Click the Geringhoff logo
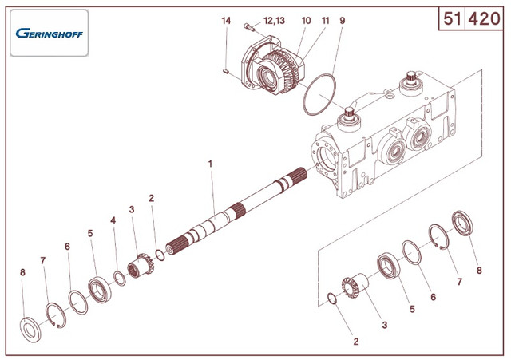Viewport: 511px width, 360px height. click(x=50, y=33)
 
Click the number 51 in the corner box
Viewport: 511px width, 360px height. click(x=452, y=18)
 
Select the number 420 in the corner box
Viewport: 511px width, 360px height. click(x=484, y=18)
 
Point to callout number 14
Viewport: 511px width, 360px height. click(x=226, y=21)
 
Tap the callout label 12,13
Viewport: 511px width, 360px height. click(x=274, y=21)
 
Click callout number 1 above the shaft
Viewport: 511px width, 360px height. click(x=211, y=164)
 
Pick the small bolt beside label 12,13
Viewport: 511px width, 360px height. click(x=249, y=26)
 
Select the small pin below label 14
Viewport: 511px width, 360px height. click(x=225, y=71)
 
